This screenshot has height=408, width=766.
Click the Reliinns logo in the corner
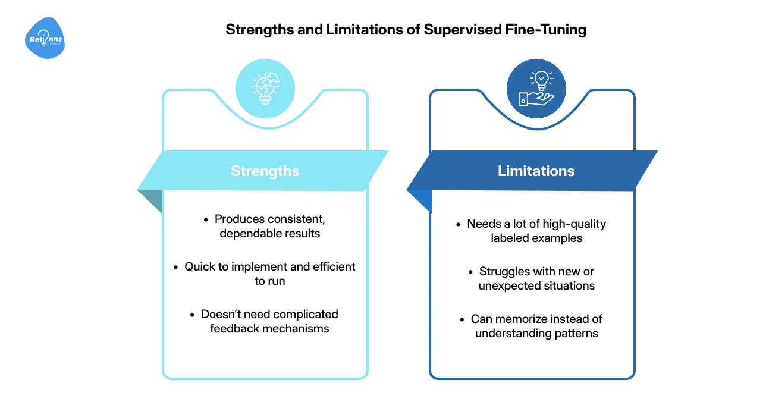45,39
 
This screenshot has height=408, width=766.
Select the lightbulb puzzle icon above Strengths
265,88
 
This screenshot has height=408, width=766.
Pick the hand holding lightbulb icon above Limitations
536,88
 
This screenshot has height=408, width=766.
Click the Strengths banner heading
265,171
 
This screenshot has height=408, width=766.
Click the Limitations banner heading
536,171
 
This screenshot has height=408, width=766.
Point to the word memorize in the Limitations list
518,319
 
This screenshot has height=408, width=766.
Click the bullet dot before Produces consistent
206,219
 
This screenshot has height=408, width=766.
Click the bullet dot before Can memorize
463,319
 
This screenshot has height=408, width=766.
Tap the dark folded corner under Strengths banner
153,201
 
